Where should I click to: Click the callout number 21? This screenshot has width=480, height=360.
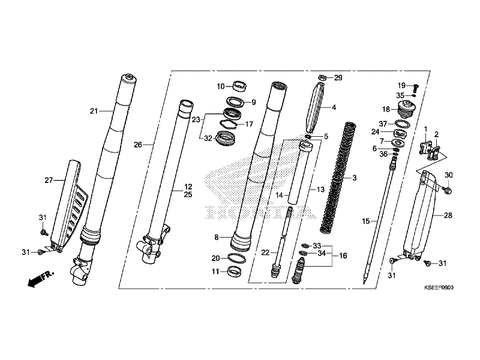coord(93,111)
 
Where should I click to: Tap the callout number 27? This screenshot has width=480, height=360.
coord(49,180)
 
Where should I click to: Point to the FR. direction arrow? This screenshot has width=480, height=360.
coord(39,280)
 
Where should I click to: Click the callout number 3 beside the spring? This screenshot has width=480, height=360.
coord(354,178)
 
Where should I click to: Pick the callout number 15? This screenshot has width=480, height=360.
coord(365,221)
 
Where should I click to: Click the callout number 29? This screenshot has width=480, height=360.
coord(338,78)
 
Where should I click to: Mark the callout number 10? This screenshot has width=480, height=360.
coord(221,86)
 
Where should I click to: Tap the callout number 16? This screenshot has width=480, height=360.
coord(343,256)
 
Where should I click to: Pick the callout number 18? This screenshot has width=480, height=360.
coord(386,109)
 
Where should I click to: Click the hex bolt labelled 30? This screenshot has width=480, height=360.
coord(448,190)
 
